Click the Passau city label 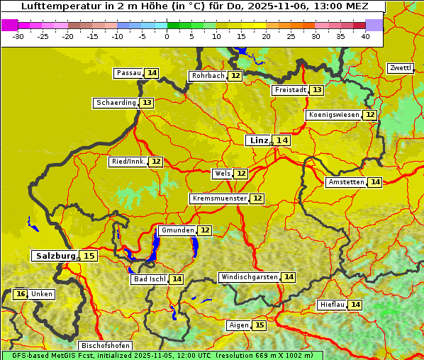coord(128,73)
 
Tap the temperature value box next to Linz coord(282,140)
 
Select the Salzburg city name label coord(55,256)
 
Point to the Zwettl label coord(400,68)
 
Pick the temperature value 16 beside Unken coord(21,294)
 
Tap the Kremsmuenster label coord(219,198)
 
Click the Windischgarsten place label coord(249,277)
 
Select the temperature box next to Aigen coord(259,325)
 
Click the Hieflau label coord(333,305)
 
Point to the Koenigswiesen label coord(334,115)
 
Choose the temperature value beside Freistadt coord(317,90)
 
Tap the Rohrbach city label coord(208,76)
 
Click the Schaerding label coord(116,103)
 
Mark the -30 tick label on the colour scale coord(18,36)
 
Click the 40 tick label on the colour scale coord(364,36)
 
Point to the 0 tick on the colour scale coord(167,36)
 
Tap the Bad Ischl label coord(149,279)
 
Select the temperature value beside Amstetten coord(374,182)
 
